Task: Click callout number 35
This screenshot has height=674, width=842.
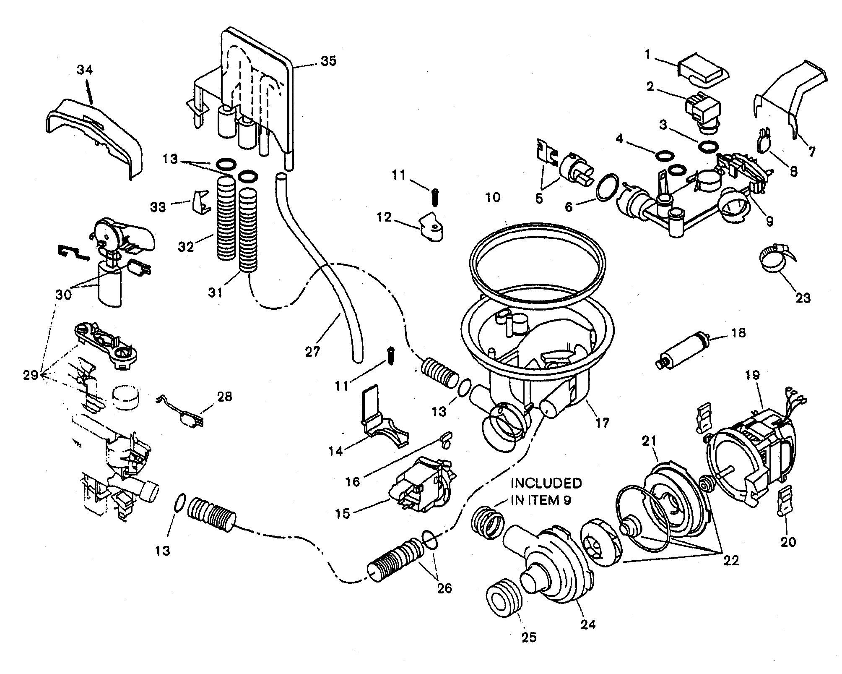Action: (328, 61)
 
